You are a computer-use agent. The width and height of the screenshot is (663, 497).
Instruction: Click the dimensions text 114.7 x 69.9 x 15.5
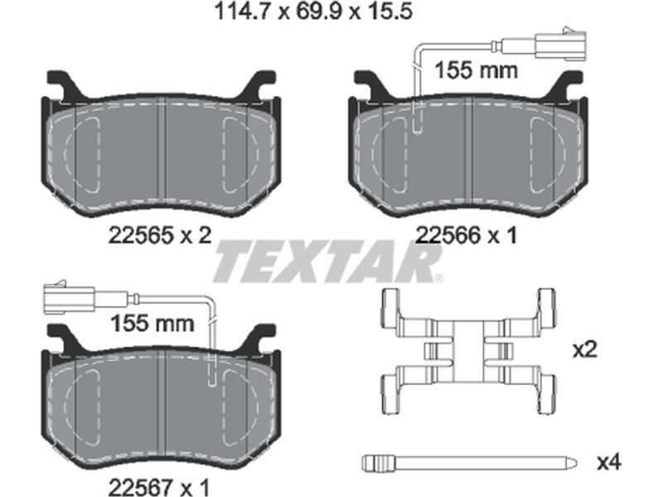(313, 12)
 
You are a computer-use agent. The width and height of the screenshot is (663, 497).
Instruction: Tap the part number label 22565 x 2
(159, 235)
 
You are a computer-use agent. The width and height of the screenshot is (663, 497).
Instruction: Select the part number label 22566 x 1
(467, 235)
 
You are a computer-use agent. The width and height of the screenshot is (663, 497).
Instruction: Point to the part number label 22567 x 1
(159, 487)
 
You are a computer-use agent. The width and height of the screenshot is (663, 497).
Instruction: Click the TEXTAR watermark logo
(328, 261)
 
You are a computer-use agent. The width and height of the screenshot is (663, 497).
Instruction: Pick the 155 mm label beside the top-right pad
(476, 70)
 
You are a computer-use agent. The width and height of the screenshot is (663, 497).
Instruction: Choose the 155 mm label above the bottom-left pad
(152, 324)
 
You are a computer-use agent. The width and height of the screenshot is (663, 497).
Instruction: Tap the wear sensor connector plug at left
(69, 298)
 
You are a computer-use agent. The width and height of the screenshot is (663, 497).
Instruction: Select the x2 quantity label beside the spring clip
(585, 350)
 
